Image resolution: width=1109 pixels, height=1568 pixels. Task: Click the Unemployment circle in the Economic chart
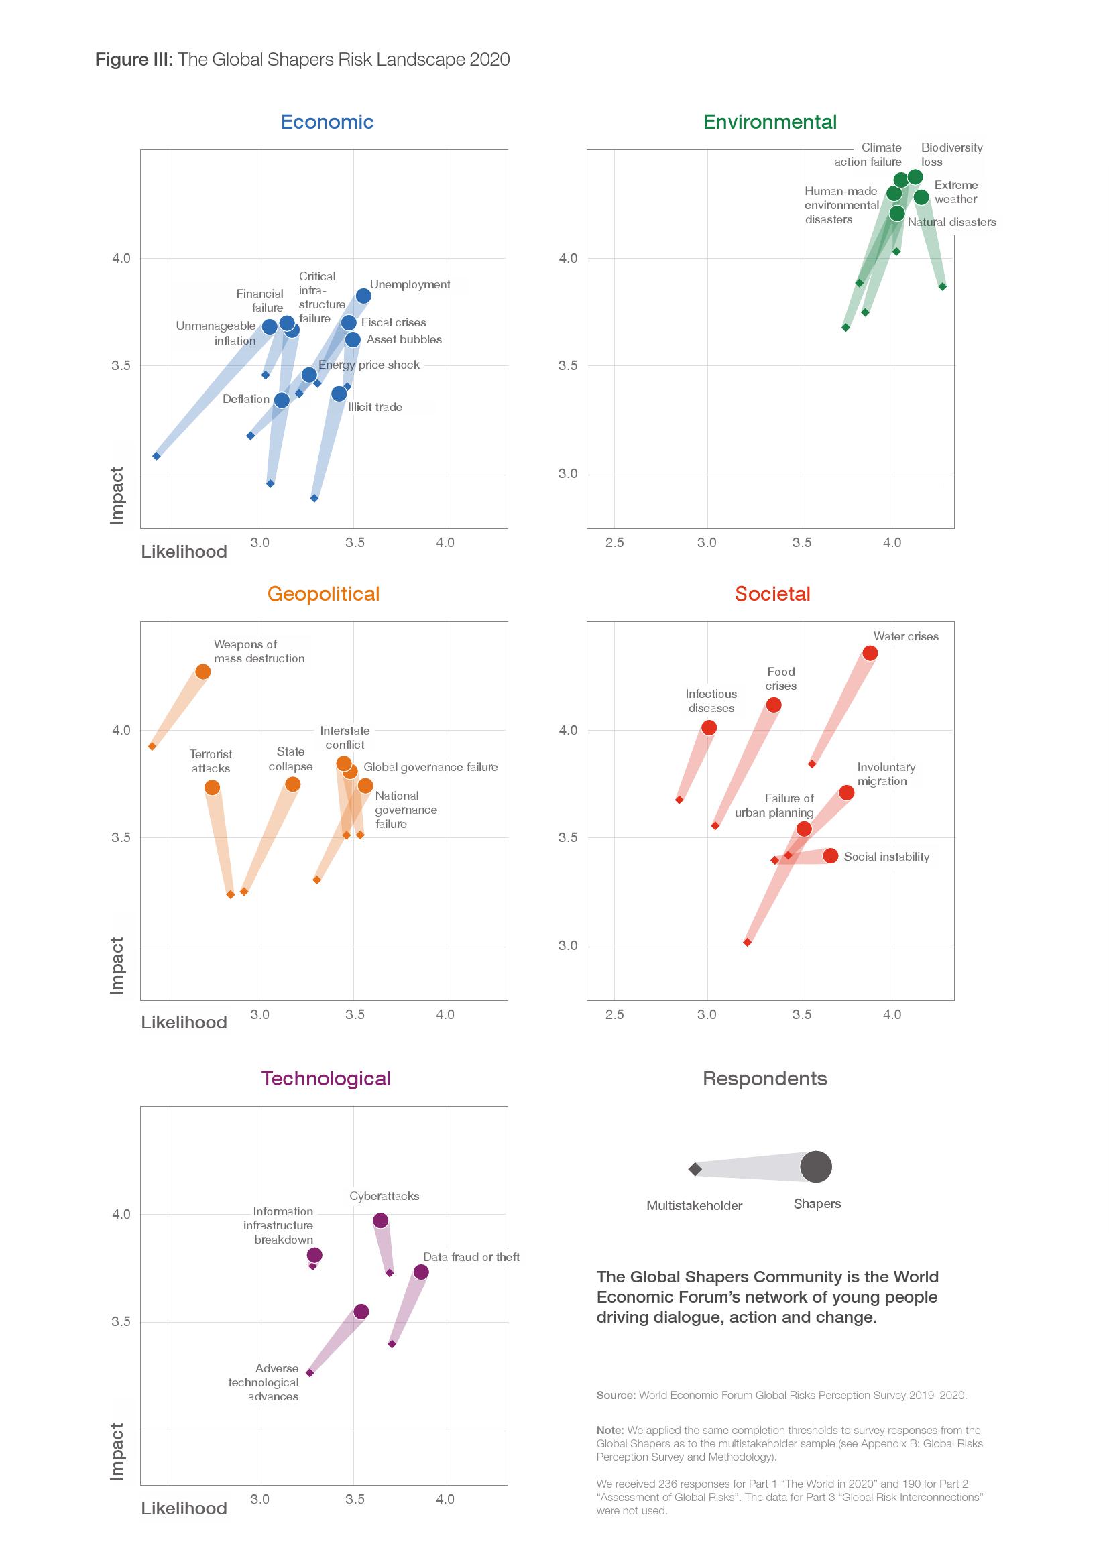(363, 296)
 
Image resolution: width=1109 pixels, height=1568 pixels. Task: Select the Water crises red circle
(870, 653)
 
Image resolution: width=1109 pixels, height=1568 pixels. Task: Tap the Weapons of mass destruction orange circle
(202, 671)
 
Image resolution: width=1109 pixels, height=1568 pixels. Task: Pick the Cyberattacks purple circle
(381, 1220)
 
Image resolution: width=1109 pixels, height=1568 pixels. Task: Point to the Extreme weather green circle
(921, 197)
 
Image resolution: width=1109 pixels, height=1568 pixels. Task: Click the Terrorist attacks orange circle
(213, 788)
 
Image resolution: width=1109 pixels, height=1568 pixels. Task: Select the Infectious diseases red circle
(709, 727)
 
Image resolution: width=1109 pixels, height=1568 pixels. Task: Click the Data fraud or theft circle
(421, 1272)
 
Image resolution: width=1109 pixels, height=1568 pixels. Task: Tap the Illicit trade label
(375, 407)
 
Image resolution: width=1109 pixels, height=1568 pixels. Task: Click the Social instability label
(886, 856)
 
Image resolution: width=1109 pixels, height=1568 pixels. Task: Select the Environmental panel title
(770, 121)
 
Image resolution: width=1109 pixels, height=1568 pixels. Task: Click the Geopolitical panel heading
(323, 593)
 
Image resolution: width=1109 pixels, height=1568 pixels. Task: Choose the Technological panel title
(326, 1079)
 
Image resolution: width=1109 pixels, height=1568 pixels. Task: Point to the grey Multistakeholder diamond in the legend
(695, 1169)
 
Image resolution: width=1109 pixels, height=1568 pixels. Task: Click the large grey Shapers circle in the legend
(816, 1166)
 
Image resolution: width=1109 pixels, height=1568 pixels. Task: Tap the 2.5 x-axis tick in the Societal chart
(615, 1014)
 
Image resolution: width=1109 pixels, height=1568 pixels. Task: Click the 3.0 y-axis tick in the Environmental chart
(567, 473)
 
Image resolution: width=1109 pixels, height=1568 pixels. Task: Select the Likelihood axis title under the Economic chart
(184, 552)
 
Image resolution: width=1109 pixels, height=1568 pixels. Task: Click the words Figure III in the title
(134, 60)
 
